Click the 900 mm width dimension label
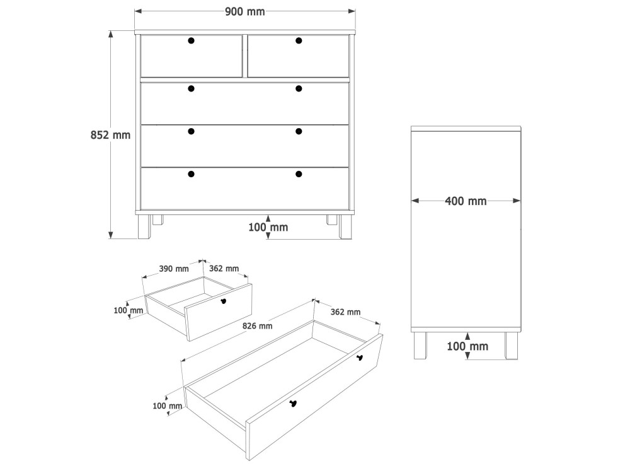(x=244, y=11)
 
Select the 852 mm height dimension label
(x=110, y=135)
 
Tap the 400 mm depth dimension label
(x=466, y=201)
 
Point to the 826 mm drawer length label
(x=257, y=326)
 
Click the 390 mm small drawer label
(x=174, y=269)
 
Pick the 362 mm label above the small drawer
(x=224, y=268)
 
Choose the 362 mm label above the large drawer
(x=345, y=312)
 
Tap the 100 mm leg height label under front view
(x=268, y=227)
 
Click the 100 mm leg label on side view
(x=467, y=346)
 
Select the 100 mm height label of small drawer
(x=128, y=310)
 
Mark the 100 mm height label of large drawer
(x=167, y=406)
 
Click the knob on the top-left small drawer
(x=192, y=40)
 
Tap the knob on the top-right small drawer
(x=299, y=40)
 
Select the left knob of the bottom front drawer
(x=192, y=174)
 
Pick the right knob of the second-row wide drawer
(x=299, y=88)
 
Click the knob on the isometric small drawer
(x=224, y=301)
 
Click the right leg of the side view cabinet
(x=512, y=346)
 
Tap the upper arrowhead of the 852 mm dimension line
(x=111, y=35)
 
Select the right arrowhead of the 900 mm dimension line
(x=352, y=11)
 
